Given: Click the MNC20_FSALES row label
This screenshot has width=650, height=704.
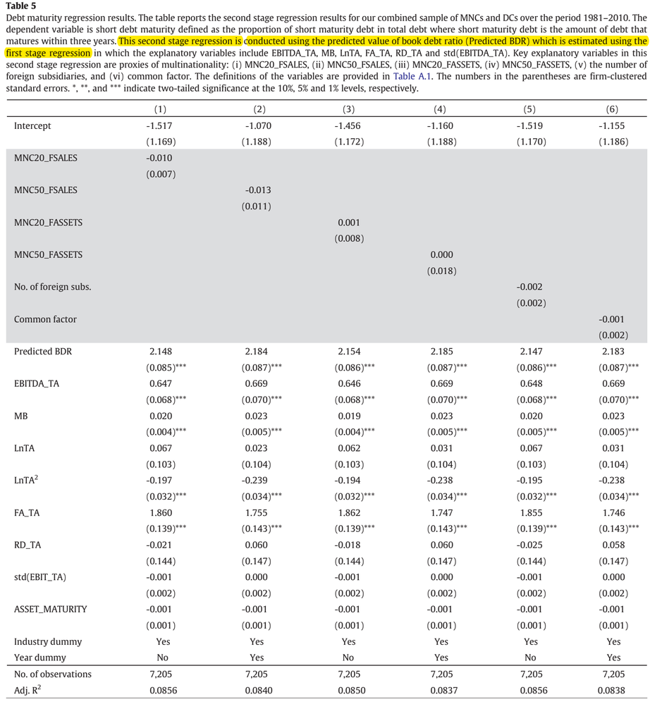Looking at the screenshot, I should point(46,158).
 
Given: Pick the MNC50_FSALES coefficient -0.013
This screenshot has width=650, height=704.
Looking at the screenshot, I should point(257,190).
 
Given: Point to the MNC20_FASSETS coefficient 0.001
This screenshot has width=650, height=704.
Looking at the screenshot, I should point(348,223).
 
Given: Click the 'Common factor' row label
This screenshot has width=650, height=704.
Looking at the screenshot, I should point(45,319).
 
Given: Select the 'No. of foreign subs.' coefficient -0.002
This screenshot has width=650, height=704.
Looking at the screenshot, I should point(529,287).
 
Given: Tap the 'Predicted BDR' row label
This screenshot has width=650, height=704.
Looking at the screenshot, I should point(43,352).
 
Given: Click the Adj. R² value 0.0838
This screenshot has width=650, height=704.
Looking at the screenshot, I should point(613,691).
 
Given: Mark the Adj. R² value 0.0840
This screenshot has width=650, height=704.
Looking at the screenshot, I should point(257,691).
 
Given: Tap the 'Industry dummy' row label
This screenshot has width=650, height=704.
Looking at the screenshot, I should point(48,642).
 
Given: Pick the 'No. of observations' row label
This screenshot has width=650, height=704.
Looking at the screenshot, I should point(53,674).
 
